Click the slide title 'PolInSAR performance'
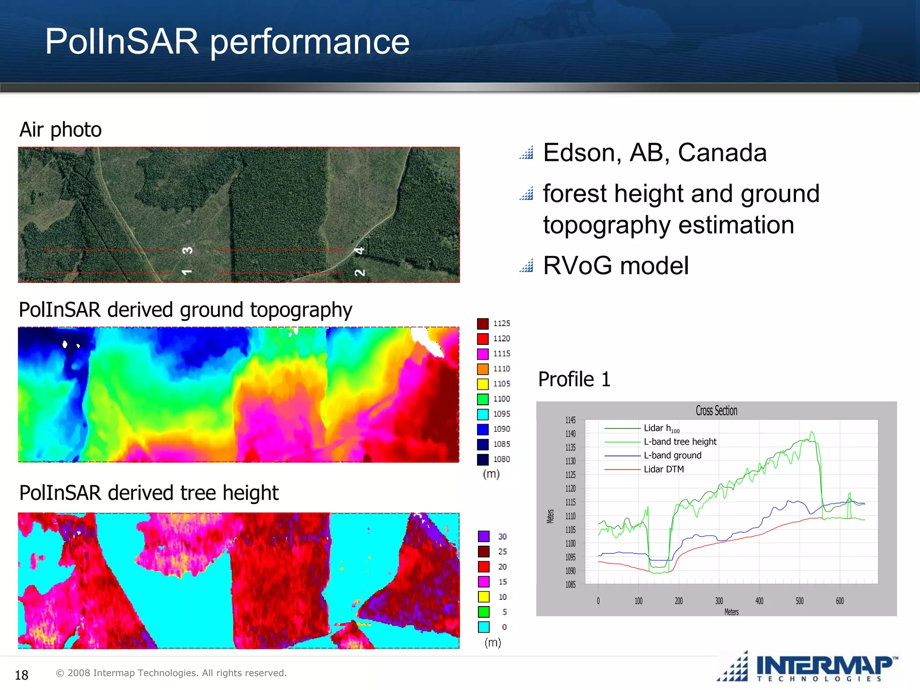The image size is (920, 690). tap(227, 41)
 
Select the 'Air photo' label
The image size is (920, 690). tap(61, 130)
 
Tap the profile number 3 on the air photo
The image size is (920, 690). tap(188, 250)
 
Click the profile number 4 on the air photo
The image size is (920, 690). tap(359, 251)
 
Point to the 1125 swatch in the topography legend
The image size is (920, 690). tap(483, 323)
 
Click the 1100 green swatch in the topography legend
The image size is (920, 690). tap(483, 399)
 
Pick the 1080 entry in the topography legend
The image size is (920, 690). tap(501, 459)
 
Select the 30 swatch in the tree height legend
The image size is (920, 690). tap(484, 536)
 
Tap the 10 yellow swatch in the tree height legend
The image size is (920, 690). tap(484, 597)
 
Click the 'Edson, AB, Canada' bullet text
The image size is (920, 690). tap(655, 153)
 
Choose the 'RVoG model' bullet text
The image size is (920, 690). tap(615, 265)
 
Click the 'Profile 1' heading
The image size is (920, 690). tap(574, 379)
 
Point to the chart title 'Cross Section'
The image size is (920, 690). tap(717, 411)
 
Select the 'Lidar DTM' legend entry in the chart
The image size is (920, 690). tap(663, 469)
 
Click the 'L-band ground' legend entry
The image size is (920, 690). tap(672, 455)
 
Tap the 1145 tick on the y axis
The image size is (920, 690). tap(570, 420)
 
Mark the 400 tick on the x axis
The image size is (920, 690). tap(759, 601)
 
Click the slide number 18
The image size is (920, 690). tap(22, 675)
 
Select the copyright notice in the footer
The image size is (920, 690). tap(171, 673)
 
